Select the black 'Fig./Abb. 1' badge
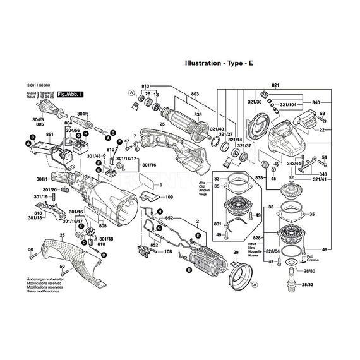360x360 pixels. click(x=70, y=93)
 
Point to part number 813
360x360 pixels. click(x=145, y=86)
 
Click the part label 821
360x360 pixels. click(x=275, y=85)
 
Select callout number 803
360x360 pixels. click(x=195, y=93)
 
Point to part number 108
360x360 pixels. click(x=168, y=252)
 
